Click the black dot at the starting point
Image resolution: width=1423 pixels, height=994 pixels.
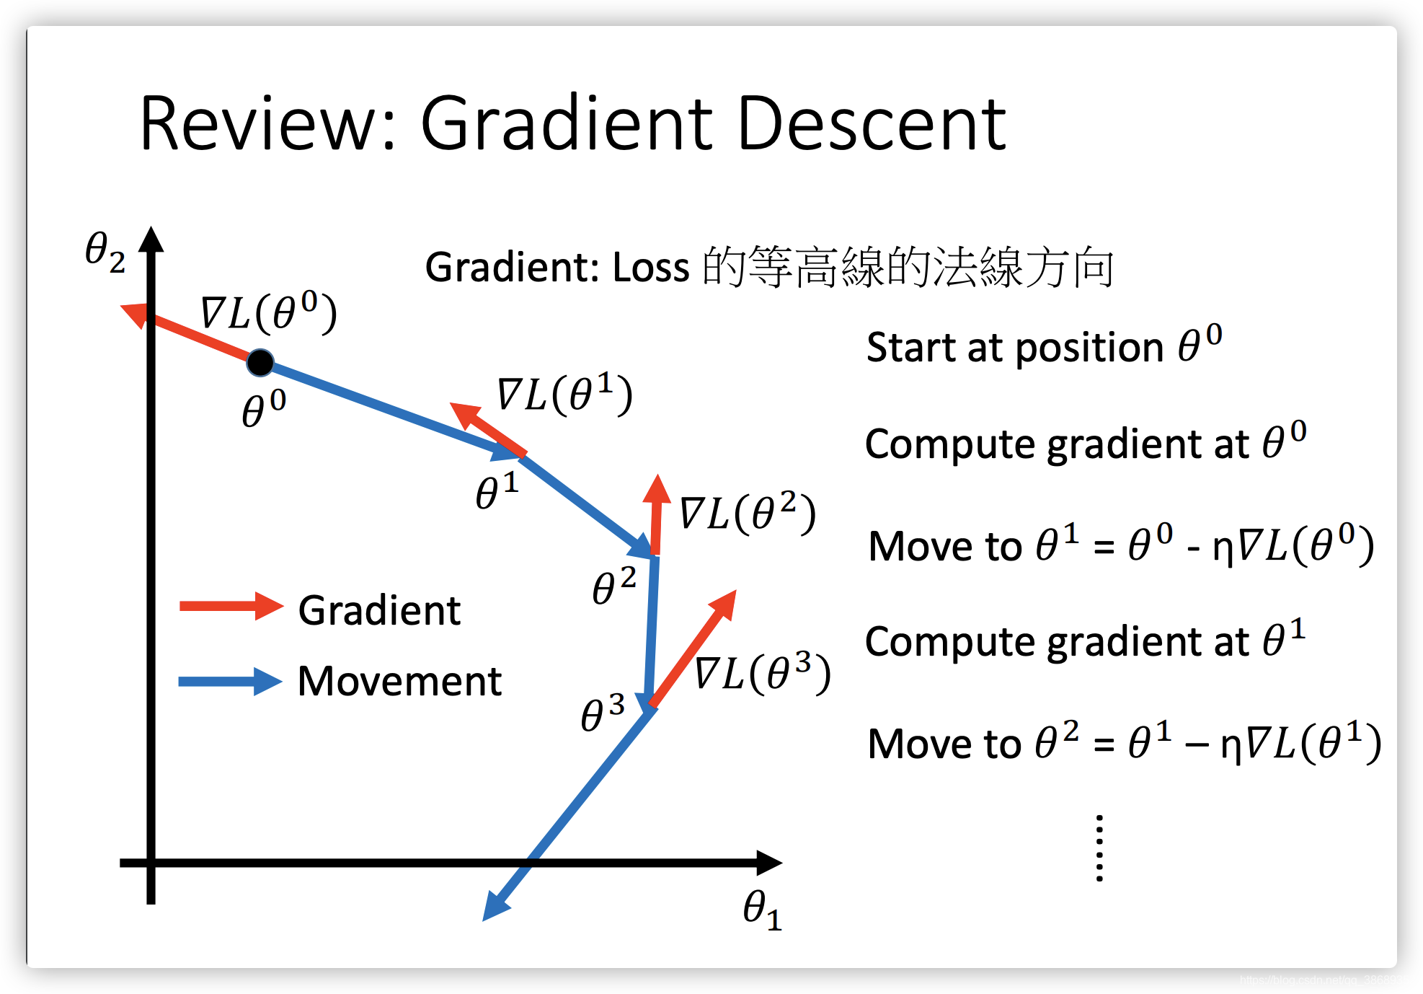pyautogui.click(x=260, y=362)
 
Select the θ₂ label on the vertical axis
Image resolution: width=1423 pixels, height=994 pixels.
pyautogui.click(x=105, y=252)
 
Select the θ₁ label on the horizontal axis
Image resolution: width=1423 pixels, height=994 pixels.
pyautogui.click(x=763, y=910)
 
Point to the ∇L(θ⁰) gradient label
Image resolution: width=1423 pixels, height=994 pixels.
pyautogui.click(x=268, y=312)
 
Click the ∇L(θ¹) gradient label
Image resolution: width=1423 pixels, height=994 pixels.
pyautogui.click(x=564, y=394)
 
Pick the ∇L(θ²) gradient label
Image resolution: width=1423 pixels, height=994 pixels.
pyautogui.click(x=748, y=513)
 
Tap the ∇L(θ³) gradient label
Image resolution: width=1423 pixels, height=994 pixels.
pyautogui.click(x=763, y=673)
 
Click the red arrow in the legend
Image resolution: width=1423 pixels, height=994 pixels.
pyautogui.click(x=231, y=607)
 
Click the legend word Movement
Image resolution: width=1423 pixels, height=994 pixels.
pyautogui.click(x=399, y=682)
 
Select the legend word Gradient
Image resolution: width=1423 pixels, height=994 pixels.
pyautogui.click(x=379, y=611)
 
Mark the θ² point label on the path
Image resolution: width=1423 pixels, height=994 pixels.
pyautogui.click(x=614, y=586)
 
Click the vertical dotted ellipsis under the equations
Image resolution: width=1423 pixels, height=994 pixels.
pyautogui.click(x=1099, y=848)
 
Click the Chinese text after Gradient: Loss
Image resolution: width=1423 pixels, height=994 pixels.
pyautogui.click(x=908, y=267)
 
